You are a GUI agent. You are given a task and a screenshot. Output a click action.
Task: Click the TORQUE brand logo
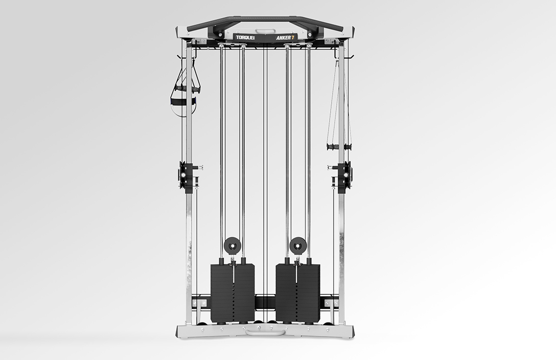coord(245,37)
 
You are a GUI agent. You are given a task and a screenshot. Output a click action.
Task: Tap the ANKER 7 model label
coord(285,37)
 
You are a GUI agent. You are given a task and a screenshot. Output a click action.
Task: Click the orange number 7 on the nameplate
coord(292,37)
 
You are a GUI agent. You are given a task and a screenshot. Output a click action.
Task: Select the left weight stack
coord(232,293)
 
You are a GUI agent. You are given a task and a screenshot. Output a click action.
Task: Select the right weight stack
coord(298,293)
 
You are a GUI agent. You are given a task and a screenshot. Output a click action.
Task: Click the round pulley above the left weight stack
coord(232,245)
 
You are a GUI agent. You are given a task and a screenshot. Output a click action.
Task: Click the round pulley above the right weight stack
coord(298,245)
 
